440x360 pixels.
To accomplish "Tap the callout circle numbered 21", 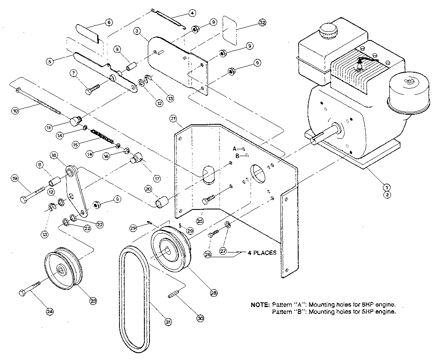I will (x=173, y=118).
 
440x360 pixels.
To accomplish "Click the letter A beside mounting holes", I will (x=235, y=148).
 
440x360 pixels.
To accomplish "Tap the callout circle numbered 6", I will (x=108, y=22).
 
